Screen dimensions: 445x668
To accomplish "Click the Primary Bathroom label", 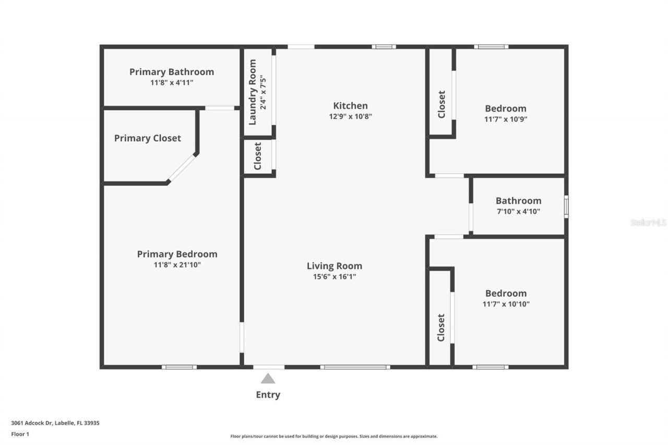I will [172, 72].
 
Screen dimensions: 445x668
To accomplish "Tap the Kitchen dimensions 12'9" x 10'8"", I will [350, 117].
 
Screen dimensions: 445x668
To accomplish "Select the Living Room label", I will [334, 266].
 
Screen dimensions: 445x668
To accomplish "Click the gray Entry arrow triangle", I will [268, 379].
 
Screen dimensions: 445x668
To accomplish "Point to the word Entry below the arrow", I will [268, 395].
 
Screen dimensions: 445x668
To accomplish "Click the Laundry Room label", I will [253, 92].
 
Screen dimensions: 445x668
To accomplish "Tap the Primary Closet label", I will [148, 138].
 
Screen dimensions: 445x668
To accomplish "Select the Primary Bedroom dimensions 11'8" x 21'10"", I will [177, 265].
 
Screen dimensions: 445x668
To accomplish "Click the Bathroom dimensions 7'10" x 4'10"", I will [518, 211].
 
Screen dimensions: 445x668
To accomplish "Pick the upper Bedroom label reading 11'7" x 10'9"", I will [506, 109].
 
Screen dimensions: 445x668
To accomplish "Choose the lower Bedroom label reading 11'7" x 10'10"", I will [506, 293].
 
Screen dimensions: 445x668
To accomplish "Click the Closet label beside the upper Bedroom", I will [442, 104].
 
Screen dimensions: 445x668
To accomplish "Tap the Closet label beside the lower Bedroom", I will [441, 327].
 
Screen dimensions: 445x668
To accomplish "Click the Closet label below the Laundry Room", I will [257, 156].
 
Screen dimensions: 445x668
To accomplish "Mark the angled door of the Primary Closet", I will [182, 168].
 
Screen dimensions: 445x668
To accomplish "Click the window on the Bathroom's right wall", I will [566, 207].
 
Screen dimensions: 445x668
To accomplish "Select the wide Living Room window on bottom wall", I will [355, 367].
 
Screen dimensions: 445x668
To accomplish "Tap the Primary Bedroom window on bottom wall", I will [179, 367].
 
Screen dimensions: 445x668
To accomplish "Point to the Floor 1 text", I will [20, 434].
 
